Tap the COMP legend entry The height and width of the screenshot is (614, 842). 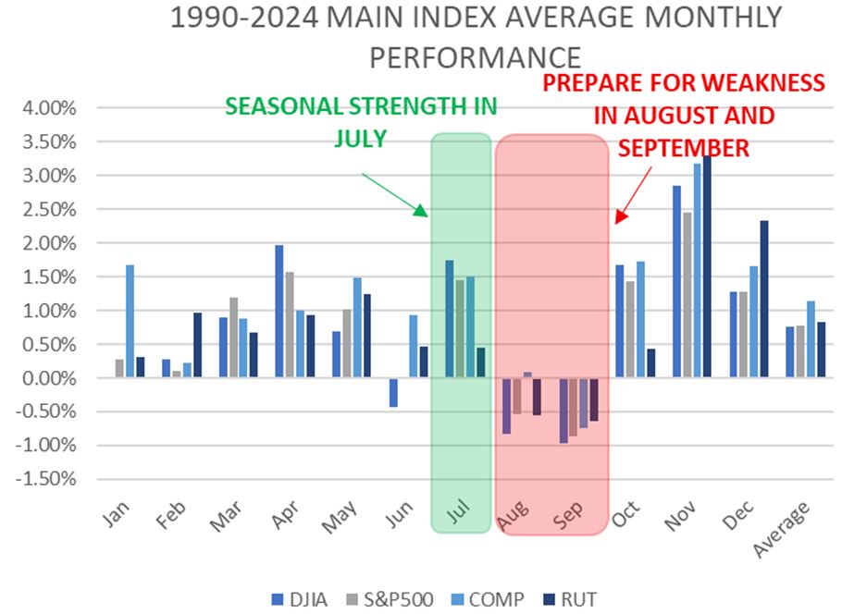pyautogui.click(x=489, y=598)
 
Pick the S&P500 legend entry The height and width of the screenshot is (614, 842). pyautogui.click(x=392, y=598)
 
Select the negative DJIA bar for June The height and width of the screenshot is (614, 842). pyautogui.click(x=393, y=392)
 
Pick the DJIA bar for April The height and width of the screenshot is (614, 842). pyautogui.click(x=279, y=312)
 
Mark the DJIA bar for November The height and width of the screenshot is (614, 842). pyautogui.click(x=676, y=281)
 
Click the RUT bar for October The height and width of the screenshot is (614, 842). pyautogui.click(x=652, y=363)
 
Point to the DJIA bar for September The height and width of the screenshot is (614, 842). pyautogui.click(x=563, y=411)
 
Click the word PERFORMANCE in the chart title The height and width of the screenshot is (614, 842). pyautogui.click(x=475, y=56)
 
